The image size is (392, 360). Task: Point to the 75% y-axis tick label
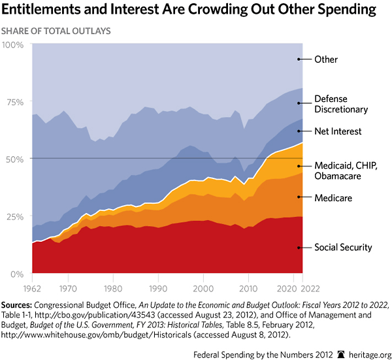tap(14, 101)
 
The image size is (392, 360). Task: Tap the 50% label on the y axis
tap(14, 159)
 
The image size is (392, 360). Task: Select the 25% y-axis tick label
tap(14, 216)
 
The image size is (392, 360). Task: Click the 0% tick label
tap(17, 274)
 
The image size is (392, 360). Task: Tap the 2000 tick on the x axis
tap(203, 287)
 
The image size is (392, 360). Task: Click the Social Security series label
tap(343, 248)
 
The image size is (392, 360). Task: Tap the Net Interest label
tap(338, 131)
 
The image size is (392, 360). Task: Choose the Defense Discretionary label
tap(341, 104)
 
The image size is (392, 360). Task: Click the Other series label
tap(326, 59)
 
